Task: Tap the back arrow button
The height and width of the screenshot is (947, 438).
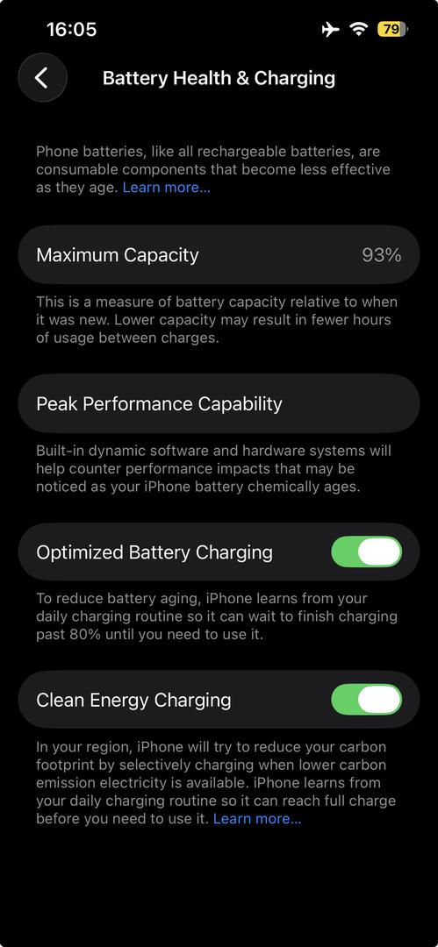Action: coord(42,77)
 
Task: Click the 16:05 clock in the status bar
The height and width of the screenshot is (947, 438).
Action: coord(71,29)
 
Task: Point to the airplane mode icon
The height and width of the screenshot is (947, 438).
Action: coord(330,29)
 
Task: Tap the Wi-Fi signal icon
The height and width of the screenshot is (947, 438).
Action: coord(360,29)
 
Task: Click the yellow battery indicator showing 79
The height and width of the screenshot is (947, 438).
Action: coord(393,29)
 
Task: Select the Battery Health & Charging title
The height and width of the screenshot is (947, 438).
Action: coord(219,78)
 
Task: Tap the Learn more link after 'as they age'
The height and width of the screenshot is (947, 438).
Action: coord(167,188)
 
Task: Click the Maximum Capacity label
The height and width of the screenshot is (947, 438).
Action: coord(118,255)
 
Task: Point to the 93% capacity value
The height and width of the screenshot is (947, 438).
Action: coord(382,255)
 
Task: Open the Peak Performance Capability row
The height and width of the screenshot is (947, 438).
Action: coord(219,403)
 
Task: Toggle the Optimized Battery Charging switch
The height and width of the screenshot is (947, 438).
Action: coord(367,552)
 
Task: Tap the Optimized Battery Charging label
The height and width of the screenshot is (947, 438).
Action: coord(154,552)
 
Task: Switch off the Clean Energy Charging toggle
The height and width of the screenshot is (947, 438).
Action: coord(367,700)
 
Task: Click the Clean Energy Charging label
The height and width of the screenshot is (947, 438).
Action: coord(133,700)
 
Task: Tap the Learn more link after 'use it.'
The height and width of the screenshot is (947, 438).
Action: coord(257,819)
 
